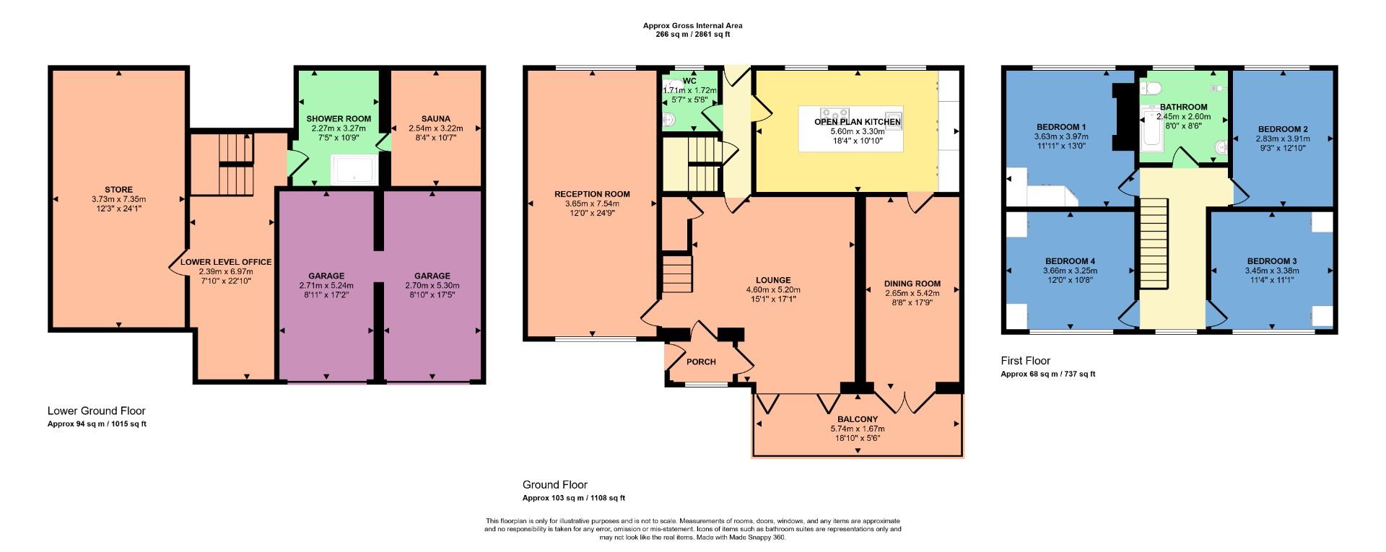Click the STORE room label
point(118,190)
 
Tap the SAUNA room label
point(435,119)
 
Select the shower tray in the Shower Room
point(353,170)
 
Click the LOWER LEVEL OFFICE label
point(226,262)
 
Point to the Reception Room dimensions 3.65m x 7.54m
point(592,203)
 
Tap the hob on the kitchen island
point(834,114)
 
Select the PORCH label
point(700,362)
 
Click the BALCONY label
point(858,419)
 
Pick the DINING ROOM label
point(912,284)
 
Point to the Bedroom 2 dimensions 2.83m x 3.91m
point(1281,139)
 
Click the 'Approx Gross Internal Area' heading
point(692,25)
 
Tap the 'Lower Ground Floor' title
point(96,411)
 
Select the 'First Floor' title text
point(1025,361)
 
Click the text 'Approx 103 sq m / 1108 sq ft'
point(573,498)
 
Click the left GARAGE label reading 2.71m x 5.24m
point(326,276)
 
